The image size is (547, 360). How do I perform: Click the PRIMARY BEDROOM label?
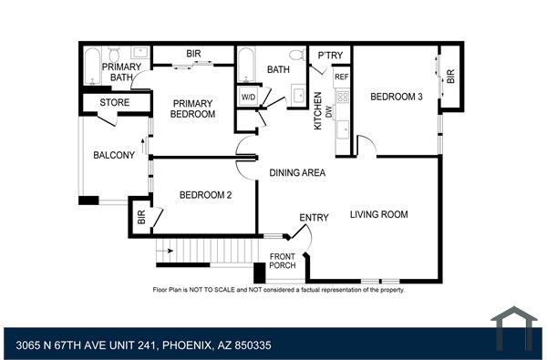pos(193,108)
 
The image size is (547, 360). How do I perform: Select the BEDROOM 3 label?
pos(397,98)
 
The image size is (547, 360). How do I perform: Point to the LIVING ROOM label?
pos(379,215)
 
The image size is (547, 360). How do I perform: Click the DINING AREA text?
pos(297,172)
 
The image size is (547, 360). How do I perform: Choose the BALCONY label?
pos(114,155)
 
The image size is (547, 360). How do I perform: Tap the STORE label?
pos(115,103)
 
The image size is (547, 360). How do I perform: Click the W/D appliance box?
pos(248,98)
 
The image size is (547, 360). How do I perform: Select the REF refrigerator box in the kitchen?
pos(342,77)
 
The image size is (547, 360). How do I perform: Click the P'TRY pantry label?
pos(329,57)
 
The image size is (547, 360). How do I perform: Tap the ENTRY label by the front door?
pos(314,217)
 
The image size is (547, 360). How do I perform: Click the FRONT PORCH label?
pos(283,260)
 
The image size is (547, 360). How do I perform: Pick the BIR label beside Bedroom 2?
pos(141,218)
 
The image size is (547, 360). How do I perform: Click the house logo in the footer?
pos(514,327)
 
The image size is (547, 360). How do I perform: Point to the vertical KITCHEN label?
pos(318,110)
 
